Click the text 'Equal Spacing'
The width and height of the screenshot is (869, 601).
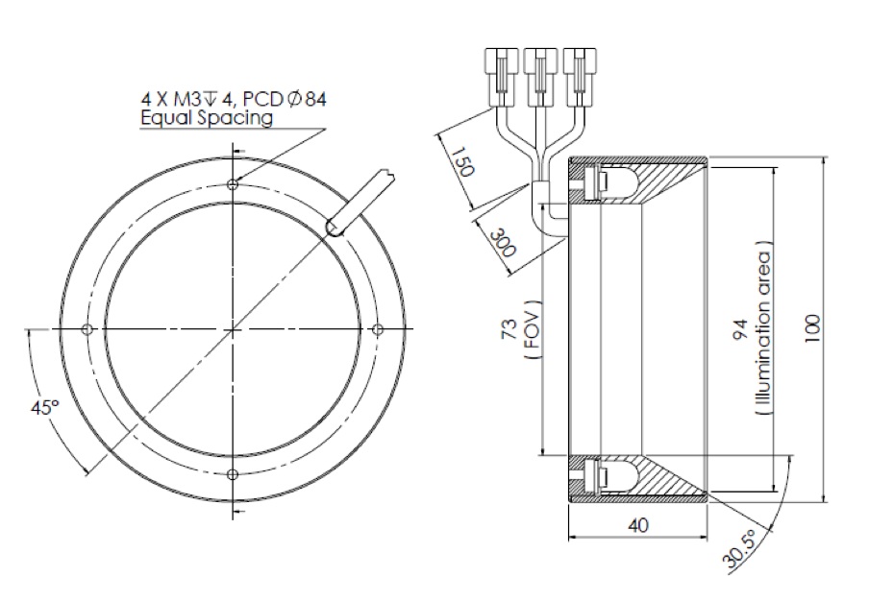206,117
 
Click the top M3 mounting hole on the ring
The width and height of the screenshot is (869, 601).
233,185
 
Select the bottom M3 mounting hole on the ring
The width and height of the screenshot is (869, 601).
233,474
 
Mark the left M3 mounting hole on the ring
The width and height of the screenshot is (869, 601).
87,330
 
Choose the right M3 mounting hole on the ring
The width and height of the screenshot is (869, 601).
377,330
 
